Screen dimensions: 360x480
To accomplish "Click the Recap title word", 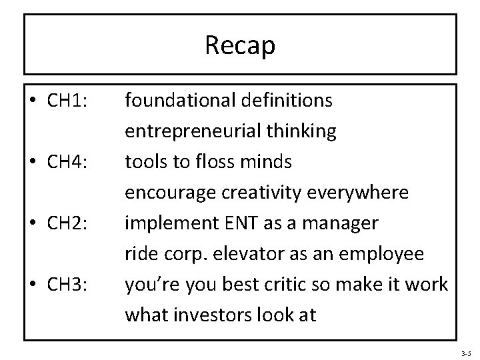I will (x=240, y=45).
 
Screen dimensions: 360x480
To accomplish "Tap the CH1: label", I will (x=69, y=101).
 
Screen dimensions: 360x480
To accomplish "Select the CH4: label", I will (x=69, y=163).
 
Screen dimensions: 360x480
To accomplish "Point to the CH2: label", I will (x=69, y=223).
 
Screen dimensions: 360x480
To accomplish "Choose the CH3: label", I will (x=69, y=285).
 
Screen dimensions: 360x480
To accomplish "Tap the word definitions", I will (x=289, y=101).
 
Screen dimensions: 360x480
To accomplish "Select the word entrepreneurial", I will (x=194, y=132).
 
